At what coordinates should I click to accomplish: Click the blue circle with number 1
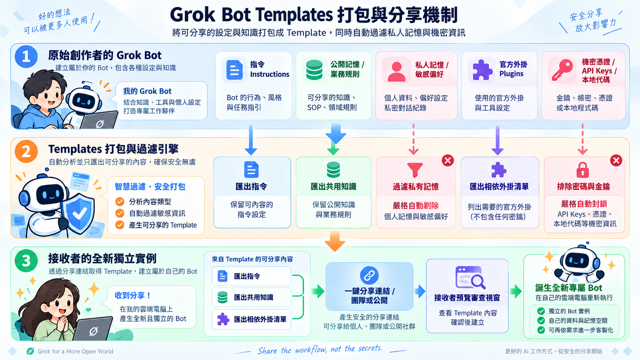click(x=26, y=57)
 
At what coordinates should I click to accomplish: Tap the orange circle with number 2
click(x=26, y=151)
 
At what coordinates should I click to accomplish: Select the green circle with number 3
click(x=26, y=261)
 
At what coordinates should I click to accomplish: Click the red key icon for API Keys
click(x=562, y=70)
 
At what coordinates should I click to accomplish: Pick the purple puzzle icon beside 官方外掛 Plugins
click(x=482, y=70)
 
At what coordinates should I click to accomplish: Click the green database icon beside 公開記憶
click(x=314, y=70)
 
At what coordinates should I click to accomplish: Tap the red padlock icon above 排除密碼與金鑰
click(x=583, y=170)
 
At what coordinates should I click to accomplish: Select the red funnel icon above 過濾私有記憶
click(x=415, y=170)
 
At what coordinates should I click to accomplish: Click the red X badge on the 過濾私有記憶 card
click(x=448, y=160)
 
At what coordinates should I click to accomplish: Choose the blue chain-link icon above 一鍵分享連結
click(x=369, y=275)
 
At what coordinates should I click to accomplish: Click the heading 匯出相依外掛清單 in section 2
click(x=499, y=187)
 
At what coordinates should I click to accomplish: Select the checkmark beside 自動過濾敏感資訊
click(x=120, y=213)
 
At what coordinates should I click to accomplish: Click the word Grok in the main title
click(x=193, y=15)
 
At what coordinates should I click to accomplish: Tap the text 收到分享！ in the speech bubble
click(x=132, y=295)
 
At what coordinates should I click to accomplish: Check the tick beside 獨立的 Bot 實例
click(x=541, y=311)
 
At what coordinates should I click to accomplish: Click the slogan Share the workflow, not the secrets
click(x=320, y=349)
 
